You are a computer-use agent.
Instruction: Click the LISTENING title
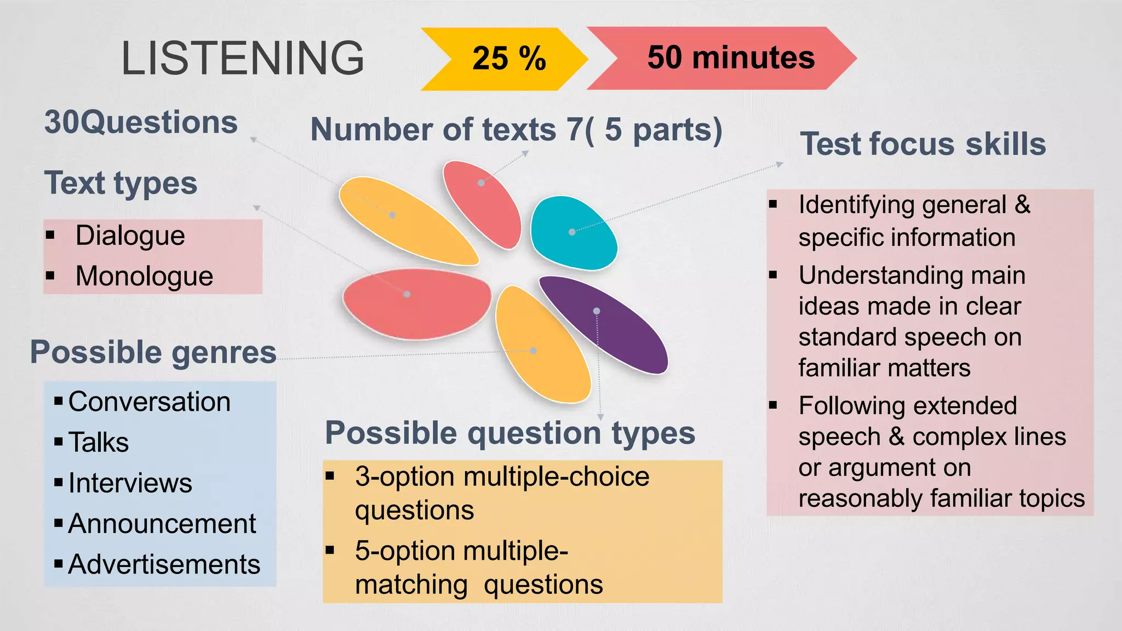pyautogui.click(x=242, y=58)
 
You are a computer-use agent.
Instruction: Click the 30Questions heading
pyautogui.click(x=141, y=122)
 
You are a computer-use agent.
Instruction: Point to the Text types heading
pyautogui.click(x=121, y=182)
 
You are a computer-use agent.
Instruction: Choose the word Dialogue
pyautogui.click(x=130, y=236)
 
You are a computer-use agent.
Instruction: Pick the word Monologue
pyautogui.click(x=144, y=276)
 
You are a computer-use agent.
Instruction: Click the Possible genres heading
pyautogui.click(x=153, y=352)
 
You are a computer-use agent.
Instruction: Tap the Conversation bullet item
pyautogui.click(x=149, y=401)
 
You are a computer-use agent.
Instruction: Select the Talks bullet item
pyautogui.click(x=99, y=442)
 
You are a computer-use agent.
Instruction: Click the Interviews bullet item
pyautogui.click(x=130, y=483)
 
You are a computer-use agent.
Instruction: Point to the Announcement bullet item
pyautogui.click(x=162, y=524)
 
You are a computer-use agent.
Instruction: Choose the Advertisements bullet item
pyautogui.click(x=164, y=564)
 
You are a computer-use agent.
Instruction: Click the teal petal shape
pyautogui.click(x=574, y=233)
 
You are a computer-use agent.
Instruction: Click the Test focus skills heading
pyautogui.click(x=923, y=144)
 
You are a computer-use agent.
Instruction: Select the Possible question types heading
pyautogui.click(x=510, y=433)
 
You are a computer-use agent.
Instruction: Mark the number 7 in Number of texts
pyautogui.click(x=575, y=130)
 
